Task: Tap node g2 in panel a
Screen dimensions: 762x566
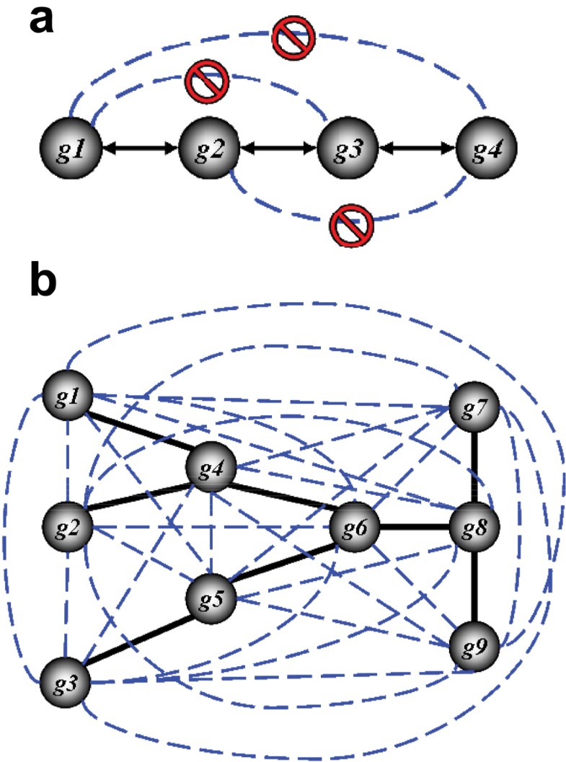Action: [x=210, y=149]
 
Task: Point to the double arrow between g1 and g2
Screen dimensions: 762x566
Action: [x=140, y=149]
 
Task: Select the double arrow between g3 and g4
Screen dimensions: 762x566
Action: [x=418, y=149]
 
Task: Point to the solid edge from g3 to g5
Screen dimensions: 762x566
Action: [x=139, y=639]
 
